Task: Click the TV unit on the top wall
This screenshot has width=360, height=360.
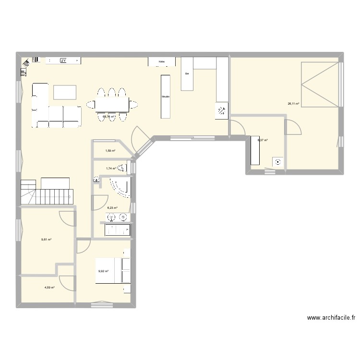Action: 63,60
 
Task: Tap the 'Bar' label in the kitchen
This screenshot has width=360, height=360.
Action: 187,74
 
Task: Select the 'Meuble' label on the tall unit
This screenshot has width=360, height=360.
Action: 166,96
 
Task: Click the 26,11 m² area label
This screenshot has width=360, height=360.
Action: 293,103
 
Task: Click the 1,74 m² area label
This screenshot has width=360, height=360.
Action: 111,168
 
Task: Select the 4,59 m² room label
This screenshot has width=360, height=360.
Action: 49,288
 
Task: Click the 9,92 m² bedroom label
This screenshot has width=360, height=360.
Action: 103,271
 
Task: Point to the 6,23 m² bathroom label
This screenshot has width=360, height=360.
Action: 112,208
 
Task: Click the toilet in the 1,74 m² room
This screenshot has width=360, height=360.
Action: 125,168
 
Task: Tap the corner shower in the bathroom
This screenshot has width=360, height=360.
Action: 120,187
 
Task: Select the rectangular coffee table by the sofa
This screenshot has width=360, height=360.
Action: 65,92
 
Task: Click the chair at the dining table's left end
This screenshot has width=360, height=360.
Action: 90,103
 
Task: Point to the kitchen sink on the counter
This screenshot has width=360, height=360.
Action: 222,110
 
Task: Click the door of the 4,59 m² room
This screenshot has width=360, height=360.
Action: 66,284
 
